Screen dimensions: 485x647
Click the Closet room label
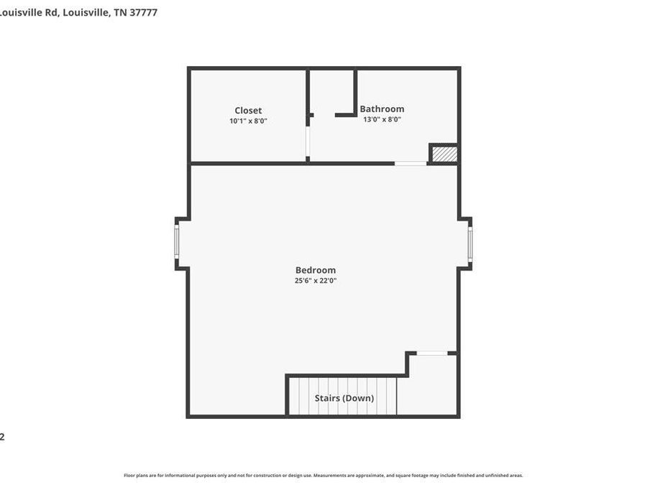pos(248,110)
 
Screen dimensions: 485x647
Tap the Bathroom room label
pos(382,109)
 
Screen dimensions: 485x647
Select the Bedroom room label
pos(316,270)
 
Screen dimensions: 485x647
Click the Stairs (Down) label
pos(344,398)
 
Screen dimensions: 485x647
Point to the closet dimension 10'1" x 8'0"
pos(248,121)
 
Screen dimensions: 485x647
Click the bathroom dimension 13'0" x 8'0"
pos(382,119)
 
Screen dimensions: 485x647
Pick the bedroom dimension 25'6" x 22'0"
pos(316,281)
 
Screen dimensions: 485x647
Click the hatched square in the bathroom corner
pos(444,154)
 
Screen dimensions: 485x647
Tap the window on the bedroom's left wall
pos(177,243)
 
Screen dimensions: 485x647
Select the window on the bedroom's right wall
pos(470,244)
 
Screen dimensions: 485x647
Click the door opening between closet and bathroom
pos(308,143)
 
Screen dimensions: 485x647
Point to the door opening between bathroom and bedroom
pos(410,163)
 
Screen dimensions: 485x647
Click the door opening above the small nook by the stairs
pos(432,353)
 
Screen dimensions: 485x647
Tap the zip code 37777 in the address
pos(144,12)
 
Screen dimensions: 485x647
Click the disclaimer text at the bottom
pos(323,475)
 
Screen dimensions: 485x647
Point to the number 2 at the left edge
pos(2,436)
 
